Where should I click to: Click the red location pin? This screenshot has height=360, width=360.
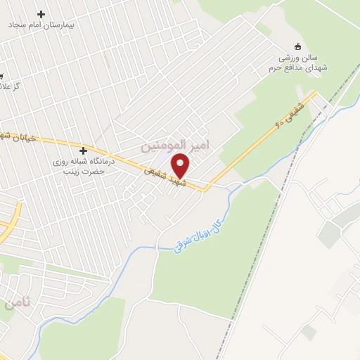point(181,165)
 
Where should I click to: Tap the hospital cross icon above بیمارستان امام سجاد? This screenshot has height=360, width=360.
point(41,13)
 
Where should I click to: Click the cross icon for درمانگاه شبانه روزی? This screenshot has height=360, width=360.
point(84,150)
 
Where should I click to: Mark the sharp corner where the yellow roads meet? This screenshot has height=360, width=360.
point(207,188)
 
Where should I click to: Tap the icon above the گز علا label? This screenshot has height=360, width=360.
point(1,75)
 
